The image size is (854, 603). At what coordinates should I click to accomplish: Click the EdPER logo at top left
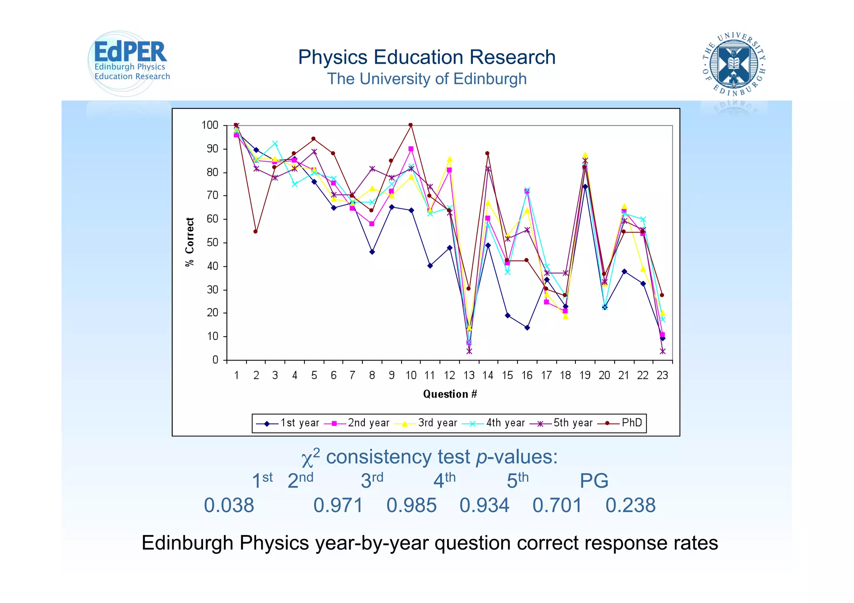129,63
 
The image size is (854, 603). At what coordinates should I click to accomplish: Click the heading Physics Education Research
427,57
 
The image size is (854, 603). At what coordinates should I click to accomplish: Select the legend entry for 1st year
287,423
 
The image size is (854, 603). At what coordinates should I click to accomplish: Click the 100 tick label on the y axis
210,125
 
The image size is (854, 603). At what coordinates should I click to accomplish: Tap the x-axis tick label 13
469,375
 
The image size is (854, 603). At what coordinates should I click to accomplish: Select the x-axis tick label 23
662,375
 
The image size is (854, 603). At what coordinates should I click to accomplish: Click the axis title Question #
450,394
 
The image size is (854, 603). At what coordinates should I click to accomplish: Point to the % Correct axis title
190,242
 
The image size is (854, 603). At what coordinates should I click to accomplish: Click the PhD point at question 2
256,232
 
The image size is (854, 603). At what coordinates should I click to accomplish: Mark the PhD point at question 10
411,125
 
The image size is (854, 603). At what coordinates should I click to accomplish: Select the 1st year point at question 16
527,328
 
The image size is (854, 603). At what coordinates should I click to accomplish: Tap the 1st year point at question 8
372,252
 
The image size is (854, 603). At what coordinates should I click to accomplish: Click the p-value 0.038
229,505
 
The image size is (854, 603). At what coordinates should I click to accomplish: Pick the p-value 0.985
411,505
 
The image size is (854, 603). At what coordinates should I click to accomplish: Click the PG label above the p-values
594,481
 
